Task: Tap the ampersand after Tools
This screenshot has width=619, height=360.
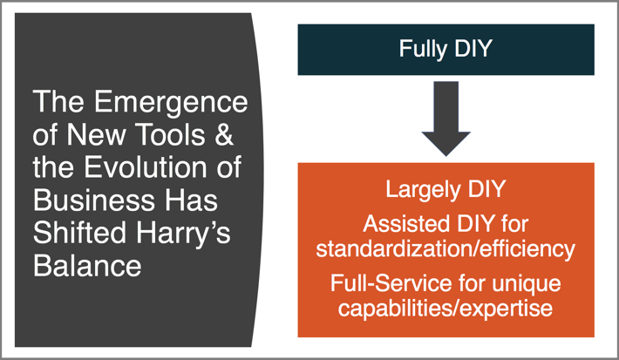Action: pyautogui.click(x=224, y=134)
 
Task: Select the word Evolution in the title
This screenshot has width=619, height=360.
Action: pyautogui.click(x=145, y=167)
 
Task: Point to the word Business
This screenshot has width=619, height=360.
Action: pyautogui.click(x=92, y=200)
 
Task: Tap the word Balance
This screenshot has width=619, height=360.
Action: pyautogui.click(x=87, y=266)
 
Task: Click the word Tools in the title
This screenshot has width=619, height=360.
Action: pyautogui.click(x=171, y=134)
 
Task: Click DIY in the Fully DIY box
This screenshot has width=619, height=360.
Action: pyautogui.click(x=473, y=48)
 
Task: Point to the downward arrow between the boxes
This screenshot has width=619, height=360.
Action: pyautogui.click(x=446, y=119)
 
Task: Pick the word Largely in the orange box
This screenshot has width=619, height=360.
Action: pyautogui.click(x=423, y=190)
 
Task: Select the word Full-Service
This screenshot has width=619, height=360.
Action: pyautogui.click(x=391, y=283)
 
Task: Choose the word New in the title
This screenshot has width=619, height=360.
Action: pyautogui.click(x=97, y=134)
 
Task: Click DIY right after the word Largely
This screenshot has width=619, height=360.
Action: pyautogui.click(x=486, y=188)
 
